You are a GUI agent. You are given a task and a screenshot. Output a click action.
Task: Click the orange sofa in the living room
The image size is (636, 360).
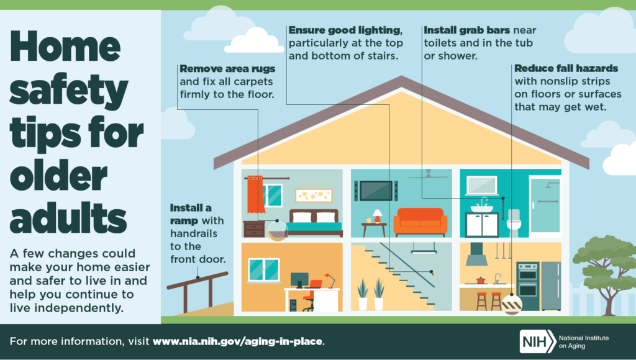420,222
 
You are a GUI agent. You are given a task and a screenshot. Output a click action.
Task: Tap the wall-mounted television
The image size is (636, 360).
376,191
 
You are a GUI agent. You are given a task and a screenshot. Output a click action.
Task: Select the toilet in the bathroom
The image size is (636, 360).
514,223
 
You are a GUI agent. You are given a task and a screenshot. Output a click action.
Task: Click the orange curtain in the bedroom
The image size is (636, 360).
255,194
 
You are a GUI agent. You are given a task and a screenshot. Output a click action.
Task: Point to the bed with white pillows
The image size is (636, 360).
314,223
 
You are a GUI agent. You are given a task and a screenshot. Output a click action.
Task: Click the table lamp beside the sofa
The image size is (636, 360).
377,215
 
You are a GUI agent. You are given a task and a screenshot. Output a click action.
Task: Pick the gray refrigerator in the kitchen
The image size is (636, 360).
551,286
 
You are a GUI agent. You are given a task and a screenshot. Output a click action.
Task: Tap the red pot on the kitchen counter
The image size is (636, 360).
480,280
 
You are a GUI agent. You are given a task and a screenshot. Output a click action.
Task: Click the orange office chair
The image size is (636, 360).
310,295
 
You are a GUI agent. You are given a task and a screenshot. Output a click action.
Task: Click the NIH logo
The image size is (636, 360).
538,341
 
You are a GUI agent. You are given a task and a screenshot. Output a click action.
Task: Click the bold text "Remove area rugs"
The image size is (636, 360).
227,68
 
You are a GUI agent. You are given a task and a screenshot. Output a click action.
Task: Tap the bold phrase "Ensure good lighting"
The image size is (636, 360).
345,30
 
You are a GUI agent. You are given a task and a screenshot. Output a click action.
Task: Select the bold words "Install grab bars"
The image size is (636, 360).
467,30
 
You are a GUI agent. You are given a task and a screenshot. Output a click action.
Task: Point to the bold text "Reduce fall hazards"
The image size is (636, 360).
566,68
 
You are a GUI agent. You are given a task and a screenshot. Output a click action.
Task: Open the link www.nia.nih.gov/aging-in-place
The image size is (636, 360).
238,341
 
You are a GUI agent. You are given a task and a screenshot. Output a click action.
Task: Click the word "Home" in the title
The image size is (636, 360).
65,46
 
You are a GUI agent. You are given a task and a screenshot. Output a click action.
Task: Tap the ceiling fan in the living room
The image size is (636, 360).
428,176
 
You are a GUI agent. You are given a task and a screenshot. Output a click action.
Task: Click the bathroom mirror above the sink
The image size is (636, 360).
481,185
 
